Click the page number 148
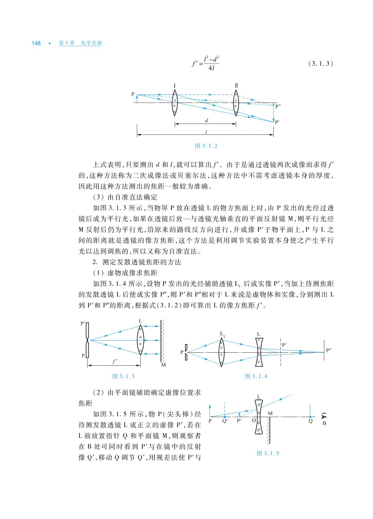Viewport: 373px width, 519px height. [36, 43]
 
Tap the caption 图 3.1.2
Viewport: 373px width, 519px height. [206, 146]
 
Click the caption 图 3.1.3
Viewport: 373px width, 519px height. [123, 376]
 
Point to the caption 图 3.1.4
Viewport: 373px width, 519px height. [256, 376]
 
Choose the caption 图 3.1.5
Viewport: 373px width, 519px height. [268, 453]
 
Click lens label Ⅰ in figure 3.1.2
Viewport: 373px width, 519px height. [175, 85]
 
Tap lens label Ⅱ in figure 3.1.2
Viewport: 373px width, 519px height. [236, 85]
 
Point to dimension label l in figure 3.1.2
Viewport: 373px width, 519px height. [206, 132]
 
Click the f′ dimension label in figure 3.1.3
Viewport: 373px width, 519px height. [114, 361]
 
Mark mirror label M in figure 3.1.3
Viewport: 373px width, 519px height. [164, 365]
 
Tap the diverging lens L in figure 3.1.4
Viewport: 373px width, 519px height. [259, 352]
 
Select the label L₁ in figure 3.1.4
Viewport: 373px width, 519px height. [222, 334]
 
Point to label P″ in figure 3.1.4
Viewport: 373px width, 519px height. [329, 350]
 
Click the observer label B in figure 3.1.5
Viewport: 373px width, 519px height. [324, 423]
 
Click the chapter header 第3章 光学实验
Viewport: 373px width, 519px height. [80, 43]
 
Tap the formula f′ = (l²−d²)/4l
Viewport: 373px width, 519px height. [206, 64]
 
